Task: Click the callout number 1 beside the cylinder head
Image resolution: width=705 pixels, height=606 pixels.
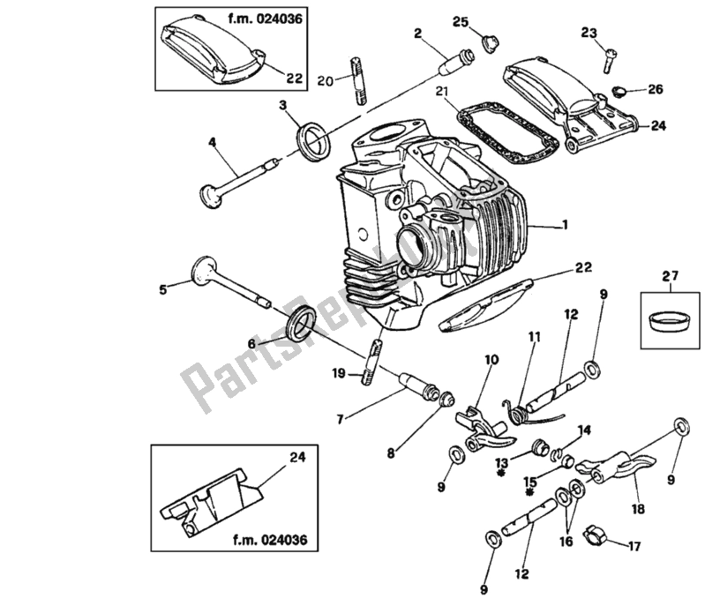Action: (x=586, y=226)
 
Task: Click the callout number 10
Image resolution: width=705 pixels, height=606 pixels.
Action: (x=491, y=359)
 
